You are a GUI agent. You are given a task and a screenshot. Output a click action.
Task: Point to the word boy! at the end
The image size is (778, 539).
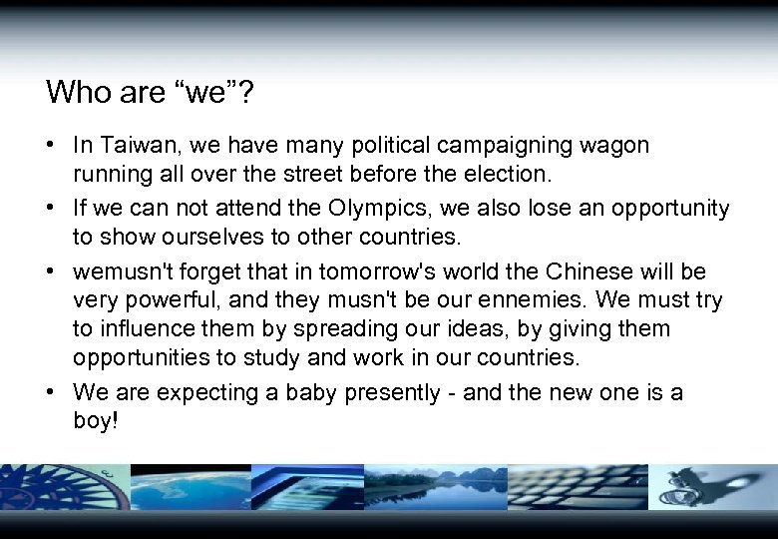pyautogui.click(x=96, y=421)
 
